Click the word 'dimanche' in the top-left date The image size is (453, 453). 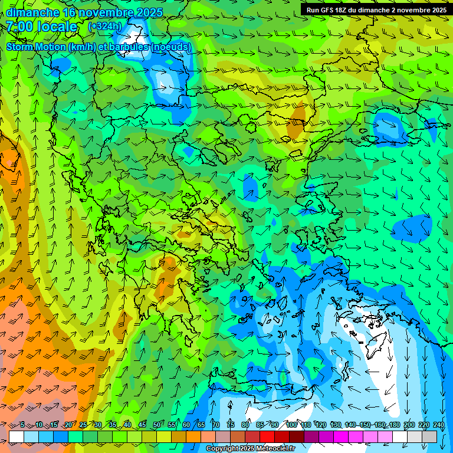[x=32, y=12]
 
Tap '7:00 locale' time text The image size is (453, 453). [x=42, y=27]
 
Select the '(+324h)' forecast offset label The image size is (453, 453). [x=104, y=27]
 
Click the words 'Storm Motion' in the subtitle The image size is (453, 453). [x=36, y=47]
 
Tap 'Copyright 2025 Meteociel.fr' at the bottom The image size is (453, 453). [x=250, y=449]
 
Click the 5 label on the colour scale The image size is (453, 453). [x=22, y=425]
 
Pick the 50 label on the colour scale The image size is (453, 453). [x=156, y=425]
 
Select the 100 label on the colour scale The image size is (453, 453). [x=291, y=425]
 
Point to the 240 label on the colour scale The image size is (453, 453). [x=439, y=425]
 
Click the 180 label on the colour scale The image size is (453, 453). [x=394, y=425]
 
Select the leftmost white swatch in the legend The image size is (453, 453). [x=17, y=436]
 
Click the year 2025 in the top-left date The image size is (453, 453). [x=148, y=12]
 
